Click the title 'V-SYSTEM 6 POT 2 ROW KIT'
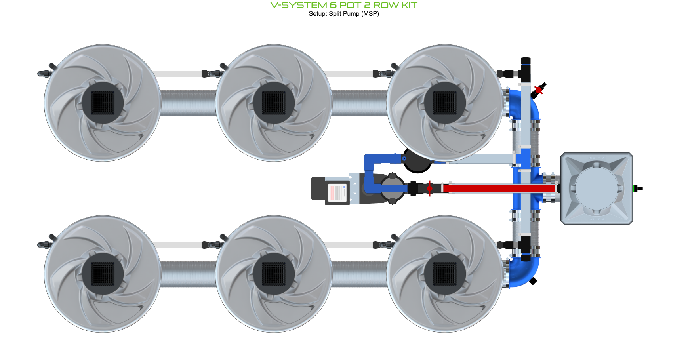[344, 5]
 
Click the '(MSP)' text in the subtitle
[370, 14]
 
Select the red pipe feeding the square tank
[499, 189]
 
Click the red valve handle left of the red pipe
[430, 189]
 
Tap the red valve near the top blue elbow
[538, 90]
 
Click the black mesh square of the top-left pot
[103, 103]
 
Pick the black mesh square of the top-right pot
[445, 103]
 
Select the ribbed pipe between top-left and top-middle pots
[188, 103]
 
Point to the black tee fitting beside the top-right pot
[525, 71]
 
